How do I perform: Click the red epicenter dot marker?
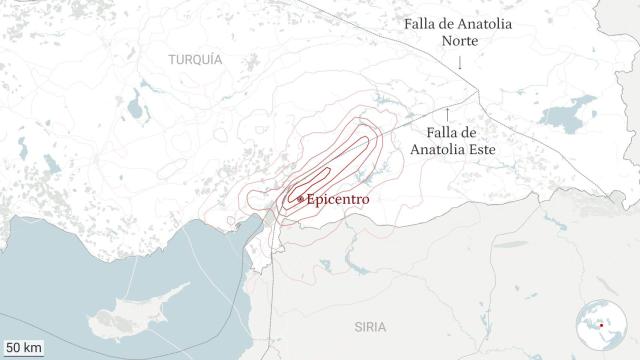[300, 199]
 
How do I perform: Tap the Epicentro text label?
[338, 199]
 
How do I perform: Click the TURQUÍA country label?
[195, 60]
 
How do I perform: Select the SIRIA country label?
[369, 327]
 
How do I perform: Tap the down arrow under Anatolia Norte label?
[460, 63]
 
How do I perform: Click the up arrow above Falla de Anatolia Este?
[448, 111]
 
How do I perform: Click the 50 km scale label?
[23, 348]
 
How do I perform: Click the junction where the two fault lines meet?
[478, 95]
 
